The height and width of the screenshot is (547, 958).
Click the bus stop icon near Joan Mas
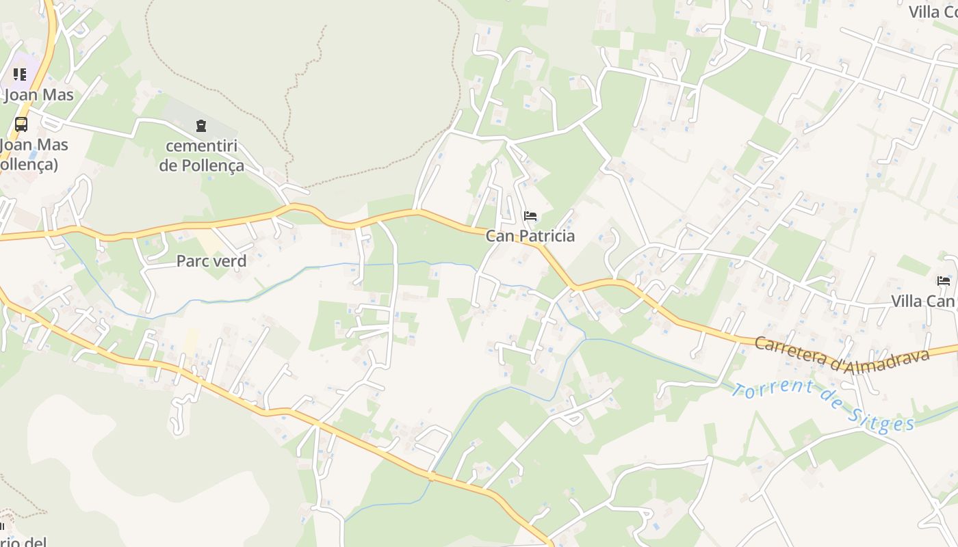pyautogui.click(x=21, y=124)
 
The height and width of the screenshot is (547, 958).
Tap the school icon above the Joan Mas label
pyautogui.click(x=20, y=74)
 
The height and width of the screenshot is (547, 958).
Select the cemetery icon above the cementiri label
pyautogui.click(x=201, y=126)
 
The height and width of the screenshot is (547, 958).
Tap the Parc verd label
pyautogui.click(x=211, y=261)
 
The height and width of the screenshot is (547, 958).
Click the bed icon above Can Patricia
pyautogui.click(x=530, y=217)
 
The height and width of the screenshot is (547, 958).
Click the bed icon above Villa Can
pyautogui.click(x=944, y=281)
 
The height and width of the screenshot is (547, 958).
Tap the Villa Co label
pyautogui.click(x=933, y=12)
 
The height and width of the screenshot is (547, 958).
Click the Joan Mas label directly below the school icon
pyautogui.click(x=39, y=94)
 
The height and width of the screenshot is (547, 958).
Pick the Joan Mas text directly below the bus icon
pyautogui.click(x=34, y=145)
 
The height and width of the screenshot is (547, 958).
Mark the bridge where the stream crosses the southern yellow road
pyautogui.click(x=431, y=475)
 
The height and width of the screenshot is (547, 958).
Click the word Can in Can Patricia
pyautogui.click(x=500, y=236)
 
